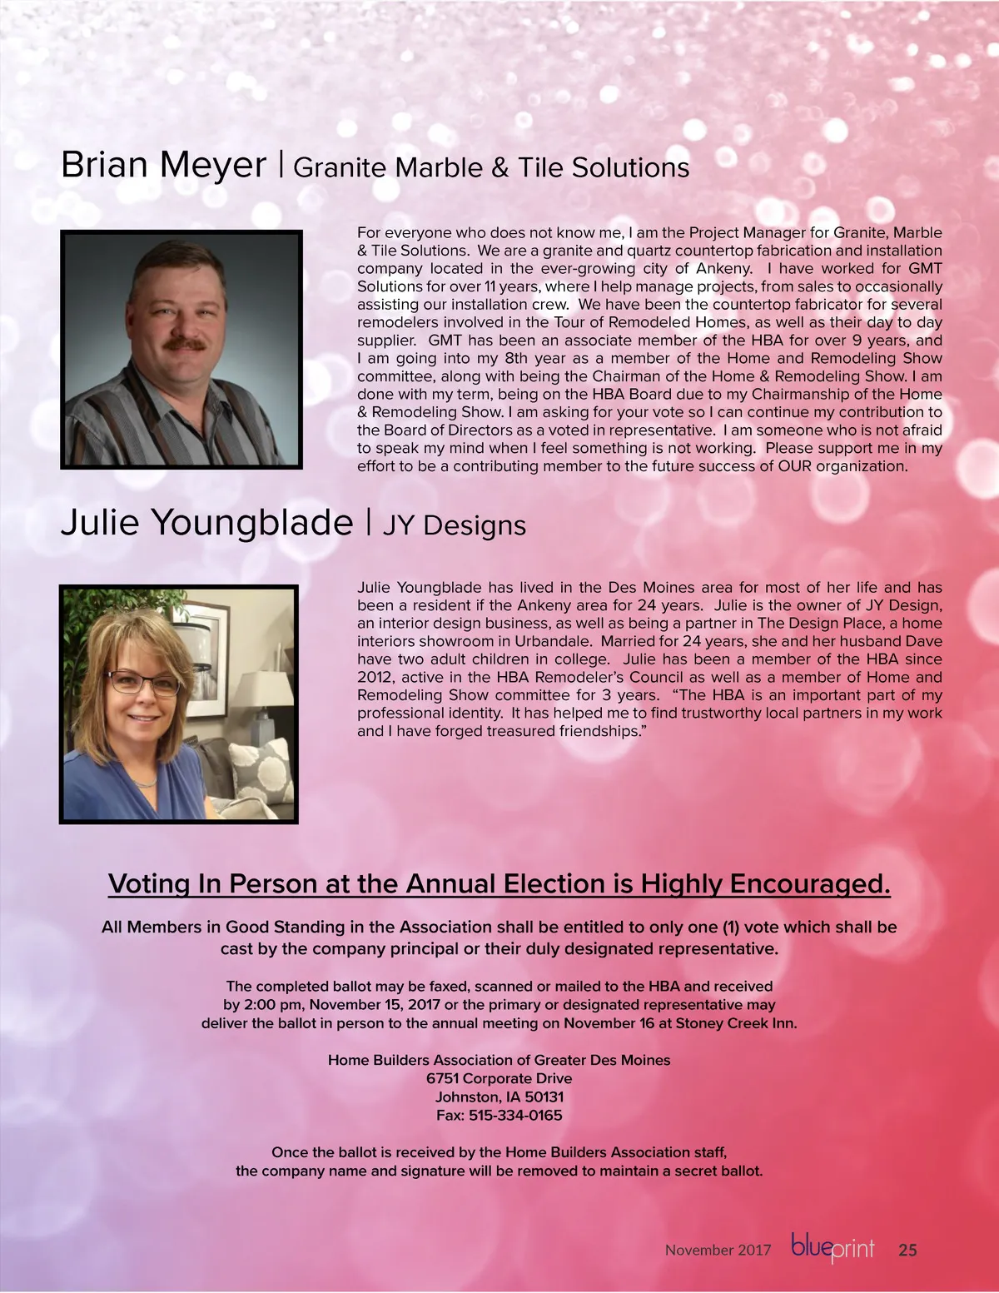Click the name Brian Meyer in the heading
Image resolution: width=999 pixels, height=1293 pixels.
(163, 165)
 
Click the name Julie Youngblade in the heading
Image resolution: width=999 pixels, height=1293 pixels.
(206, 523)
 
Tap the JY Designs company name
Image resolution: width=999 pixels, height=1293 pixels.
(454, 526)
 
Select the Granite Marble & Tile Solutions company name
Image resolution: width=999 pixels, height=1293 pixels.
(491, 168)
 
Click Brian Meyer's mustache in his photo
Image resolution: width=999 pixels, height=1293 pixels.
(184, 342)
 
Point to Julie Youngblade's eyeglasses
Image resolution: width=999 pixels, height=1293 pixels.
(142, 682)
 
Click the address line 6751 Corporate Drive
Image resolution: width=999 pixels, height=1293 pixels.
(499, 1078)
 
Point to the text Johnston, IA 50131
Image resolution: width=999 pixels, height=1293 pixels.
(499, 1097)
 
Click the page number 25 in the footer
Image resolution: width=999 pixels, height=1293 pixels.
(907, 1250)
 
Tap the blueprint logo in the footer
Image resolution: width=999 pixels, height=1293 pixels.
(832, 1248)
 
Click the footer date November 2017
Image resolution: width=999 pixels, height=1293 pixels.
(718, 1250)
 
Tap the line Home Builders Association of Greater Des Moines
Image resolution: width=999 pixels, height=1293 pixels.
(499, 1060)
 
